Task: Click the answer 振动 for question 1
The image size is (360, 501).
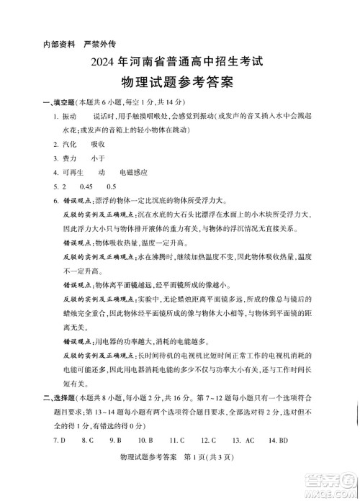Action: click(70, 117)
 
